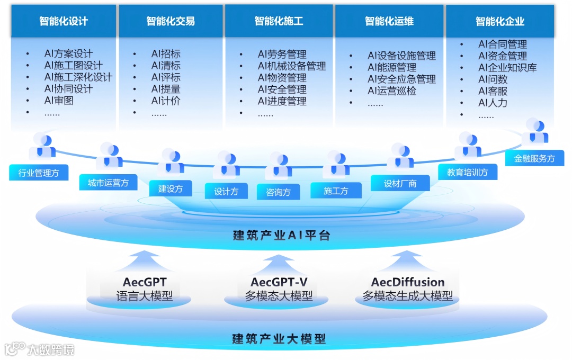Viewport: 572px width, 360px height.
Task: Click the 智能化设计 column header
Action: (64, 21)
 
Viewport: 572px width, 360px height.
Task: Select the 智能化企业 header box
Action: (500, 21)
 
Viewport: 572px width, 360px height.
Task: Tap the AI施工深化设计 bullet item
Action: (78, 77)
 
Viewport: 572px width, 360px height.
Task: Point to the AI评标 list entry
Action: (166, 77)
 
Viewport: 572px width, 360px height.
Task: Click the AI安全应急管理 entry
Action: (401, 79)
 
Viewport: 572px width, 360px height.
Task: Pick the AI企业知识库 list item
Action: (507, 67)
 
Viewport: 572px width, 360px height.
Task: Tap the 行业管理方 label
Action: (39, 173)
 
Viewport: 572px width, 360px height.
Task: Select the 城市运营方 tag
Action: (108, 183)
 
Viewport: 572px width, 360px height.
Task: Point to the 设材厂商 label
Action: (400, 184)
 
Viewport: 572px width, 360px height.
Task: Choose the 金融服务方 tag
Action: (534, 158)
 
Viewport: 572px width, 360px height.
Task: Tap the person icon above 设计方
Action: (227, 164)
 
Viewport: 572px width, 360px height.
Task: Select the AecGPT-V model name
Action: (279, 282)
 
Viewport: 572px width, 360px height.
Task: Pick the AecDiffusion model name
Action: (408, 282)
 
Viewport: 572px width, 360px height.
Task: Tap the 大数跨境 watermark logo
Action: (40, 349)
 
